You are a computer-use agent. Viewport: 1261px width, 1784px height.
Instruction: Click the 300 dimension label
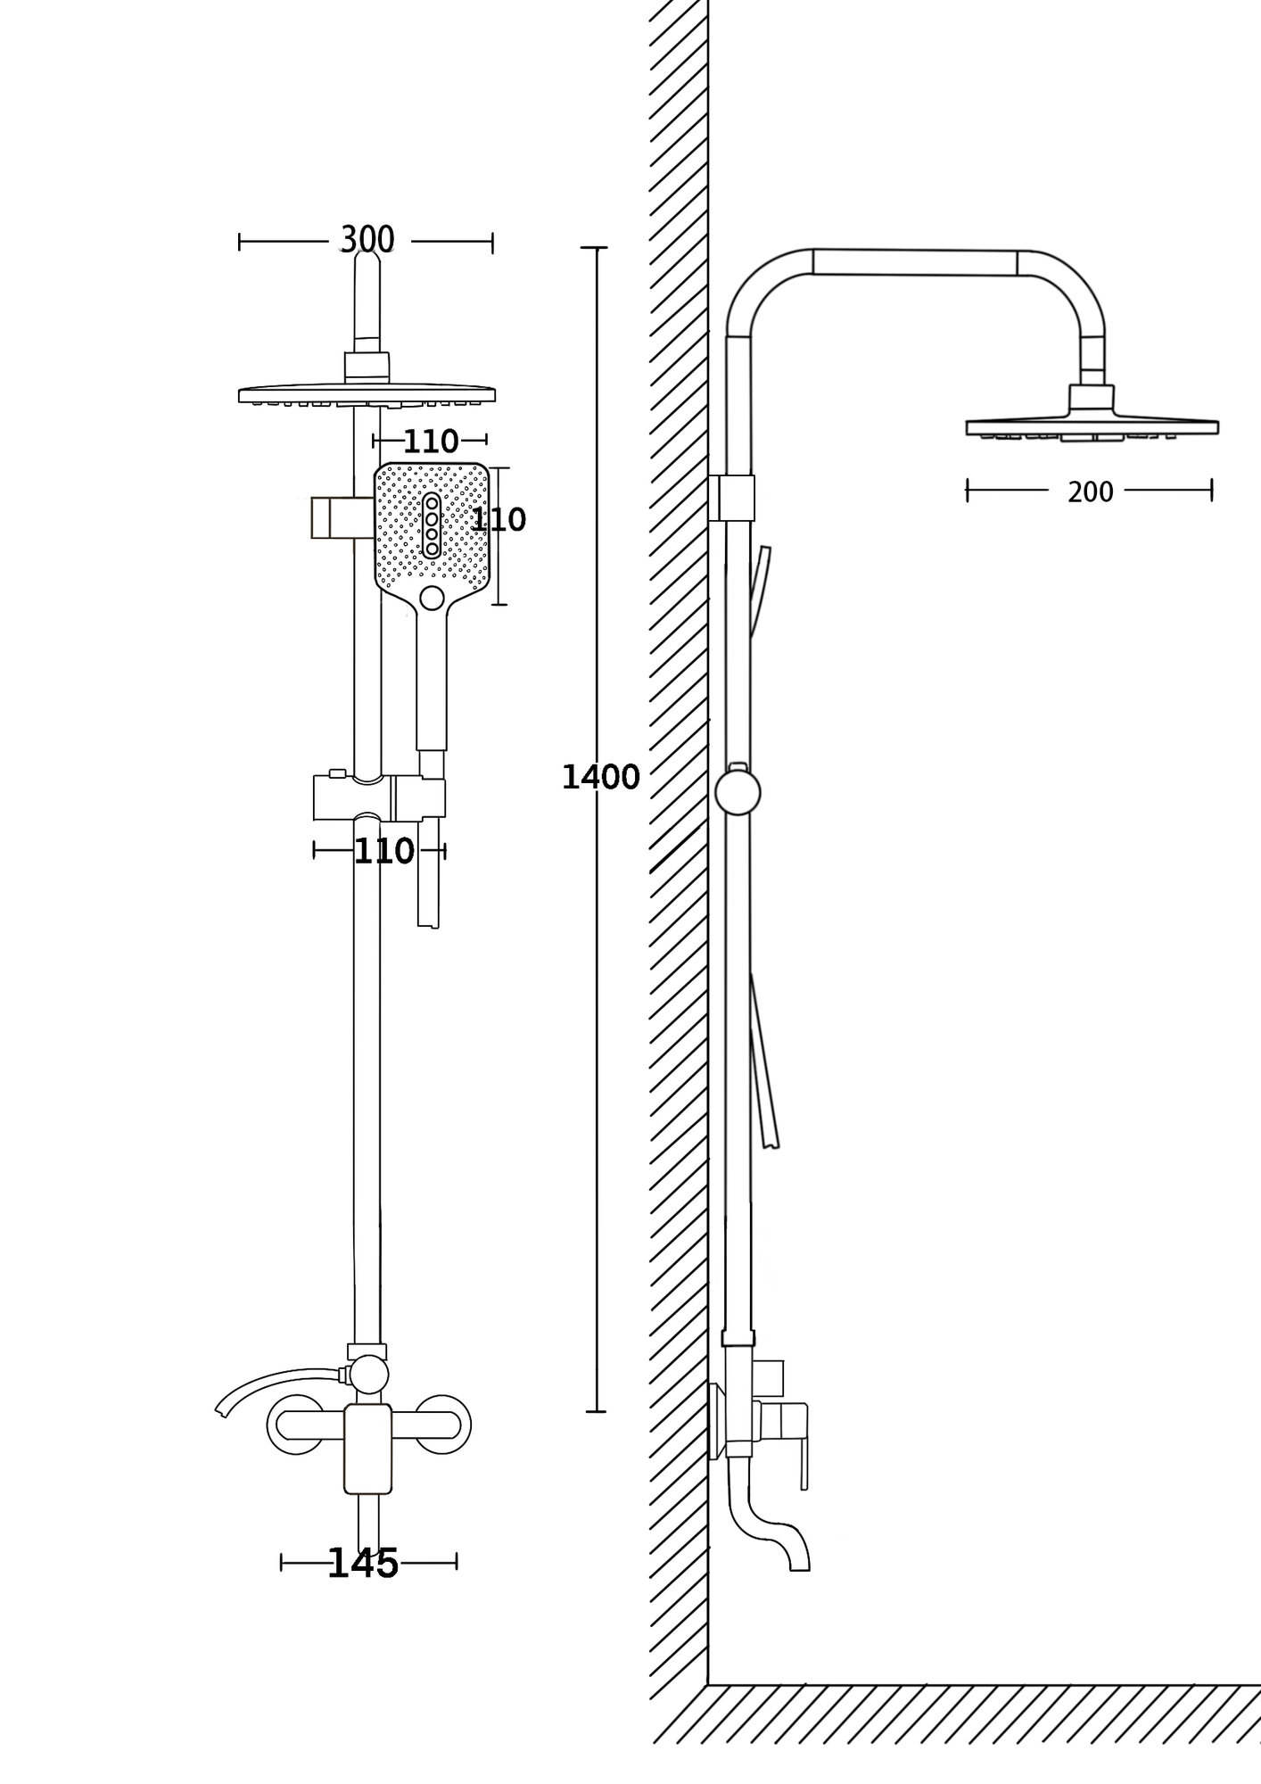367,240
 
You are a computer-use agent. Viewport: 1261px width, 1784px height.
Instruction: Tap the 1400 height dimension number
600,778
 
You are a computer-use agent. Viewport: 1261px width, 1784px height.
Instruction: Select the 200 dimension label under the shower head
1090,491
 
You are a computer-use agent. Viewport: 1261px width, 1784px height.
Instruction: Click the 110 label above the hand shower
431,441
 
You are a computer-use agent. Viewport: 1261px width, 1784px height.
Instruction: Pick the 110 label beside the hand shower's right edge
499,520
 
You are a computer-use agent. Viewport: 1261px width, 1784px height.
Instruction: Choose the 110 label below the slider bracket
383,851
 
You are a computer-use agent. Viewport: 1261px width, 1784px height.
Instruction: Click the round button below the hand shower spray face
432,598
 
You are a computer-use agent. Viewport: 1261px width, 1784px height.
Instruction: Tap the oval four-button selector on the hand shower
432,524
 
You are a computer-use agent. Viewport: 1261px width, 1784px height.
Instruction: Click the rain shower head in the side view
1092,425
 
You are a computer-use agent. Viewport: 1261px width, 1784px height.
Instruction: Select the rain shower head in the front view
367,394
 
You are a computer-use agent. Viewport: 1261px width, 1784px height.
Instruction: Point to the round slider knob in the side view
738,793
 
